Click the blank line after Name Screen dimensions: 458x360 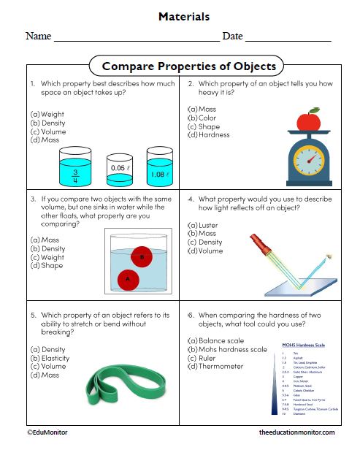(137, 39)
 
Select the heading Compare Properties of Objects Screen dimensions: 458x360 (183, 66)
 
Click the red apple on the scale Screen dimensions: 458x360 (309, 120)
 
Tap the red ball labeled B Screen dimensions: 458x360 (142, 256)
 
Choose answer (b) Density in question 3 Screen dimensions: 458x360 (48, 248)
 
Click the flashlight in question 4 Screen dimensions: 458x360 (263, 245)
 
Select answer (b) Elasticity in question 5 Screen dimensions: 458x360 (51, 358)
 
